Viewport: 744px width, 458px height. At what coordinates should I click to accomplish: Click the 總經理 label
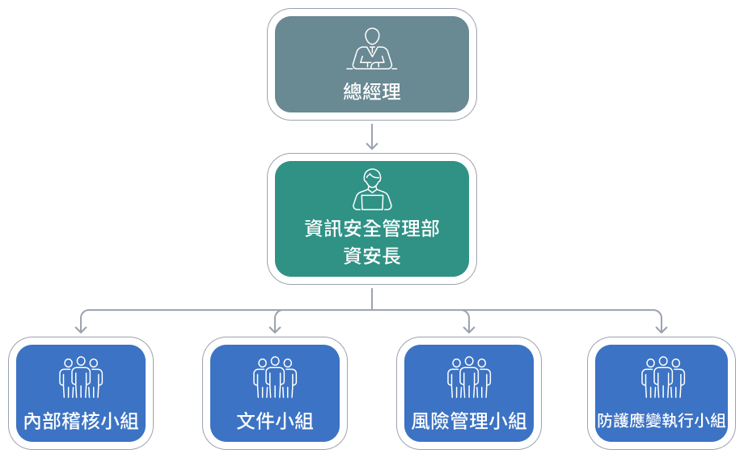pos(372,91)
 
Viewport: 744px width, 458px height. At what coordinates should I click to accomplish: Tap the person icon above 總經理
pos(372,49)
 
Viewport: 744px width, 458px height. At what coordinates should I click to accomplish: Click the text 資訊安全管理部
pos(372,229)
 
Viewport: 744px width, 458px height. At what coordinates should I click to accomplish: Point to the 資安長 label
pos(372,256)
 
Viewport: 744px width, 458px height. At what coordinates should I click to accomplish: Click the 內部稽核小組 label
pos(81,422)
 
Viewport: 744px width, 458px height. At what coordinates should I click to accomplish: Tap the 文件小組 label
pos(275,422)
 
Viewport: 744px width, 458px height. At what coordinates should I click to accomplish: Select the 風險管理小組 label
pos(469,422)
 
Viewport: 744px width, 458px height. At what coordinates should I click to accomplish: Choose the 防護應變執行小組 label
pos(662,422)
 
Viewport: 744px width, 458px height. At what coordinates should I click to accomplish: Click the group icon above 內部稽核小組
pos(81,377)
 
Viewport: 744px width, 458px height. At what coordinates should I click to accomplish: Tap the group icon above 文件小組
pos(275,377)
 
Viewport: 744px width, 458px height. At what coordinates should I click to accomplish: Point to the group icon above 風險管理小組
pos(469,377)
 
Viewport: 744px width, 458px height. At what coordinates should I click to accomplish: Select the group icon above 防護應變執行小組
pos(663,377)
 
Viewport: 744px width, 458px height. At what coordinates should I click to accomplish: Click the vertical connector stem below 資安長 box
pos(372,297)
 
